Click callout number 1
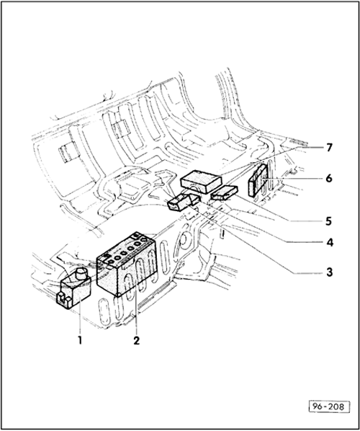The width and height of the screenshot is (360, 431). [80, 340]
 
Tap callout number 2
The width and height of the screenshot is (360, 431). [137, 340]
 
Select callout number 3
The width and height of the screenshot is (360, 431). [330, 272]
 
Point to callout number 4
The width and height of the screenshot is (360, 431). [330, 242]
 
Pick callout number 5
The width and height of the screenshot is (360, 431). [329, 221]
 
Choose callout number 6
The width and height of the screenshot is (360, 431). [329, 179]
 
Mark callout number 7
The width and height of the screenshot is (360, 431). [330, 148]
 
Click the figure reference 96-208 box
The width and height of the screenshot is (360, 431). [330, 406]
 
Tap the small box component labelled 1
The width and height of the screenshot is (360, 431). [73, 289]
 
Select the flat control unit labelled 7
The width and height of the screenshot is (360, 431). [201, 181]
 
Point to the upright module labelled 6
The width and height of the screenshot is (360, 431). [258, 181]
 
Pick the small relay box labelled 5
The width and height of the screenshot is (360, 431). [224, 192]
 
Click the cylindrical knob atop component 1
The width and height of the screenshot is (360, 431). [81, 274]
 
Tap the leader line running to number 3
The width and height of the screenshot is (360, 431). [253, 239]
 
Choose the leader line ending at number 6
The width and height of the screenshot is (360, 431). [291, 179]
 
